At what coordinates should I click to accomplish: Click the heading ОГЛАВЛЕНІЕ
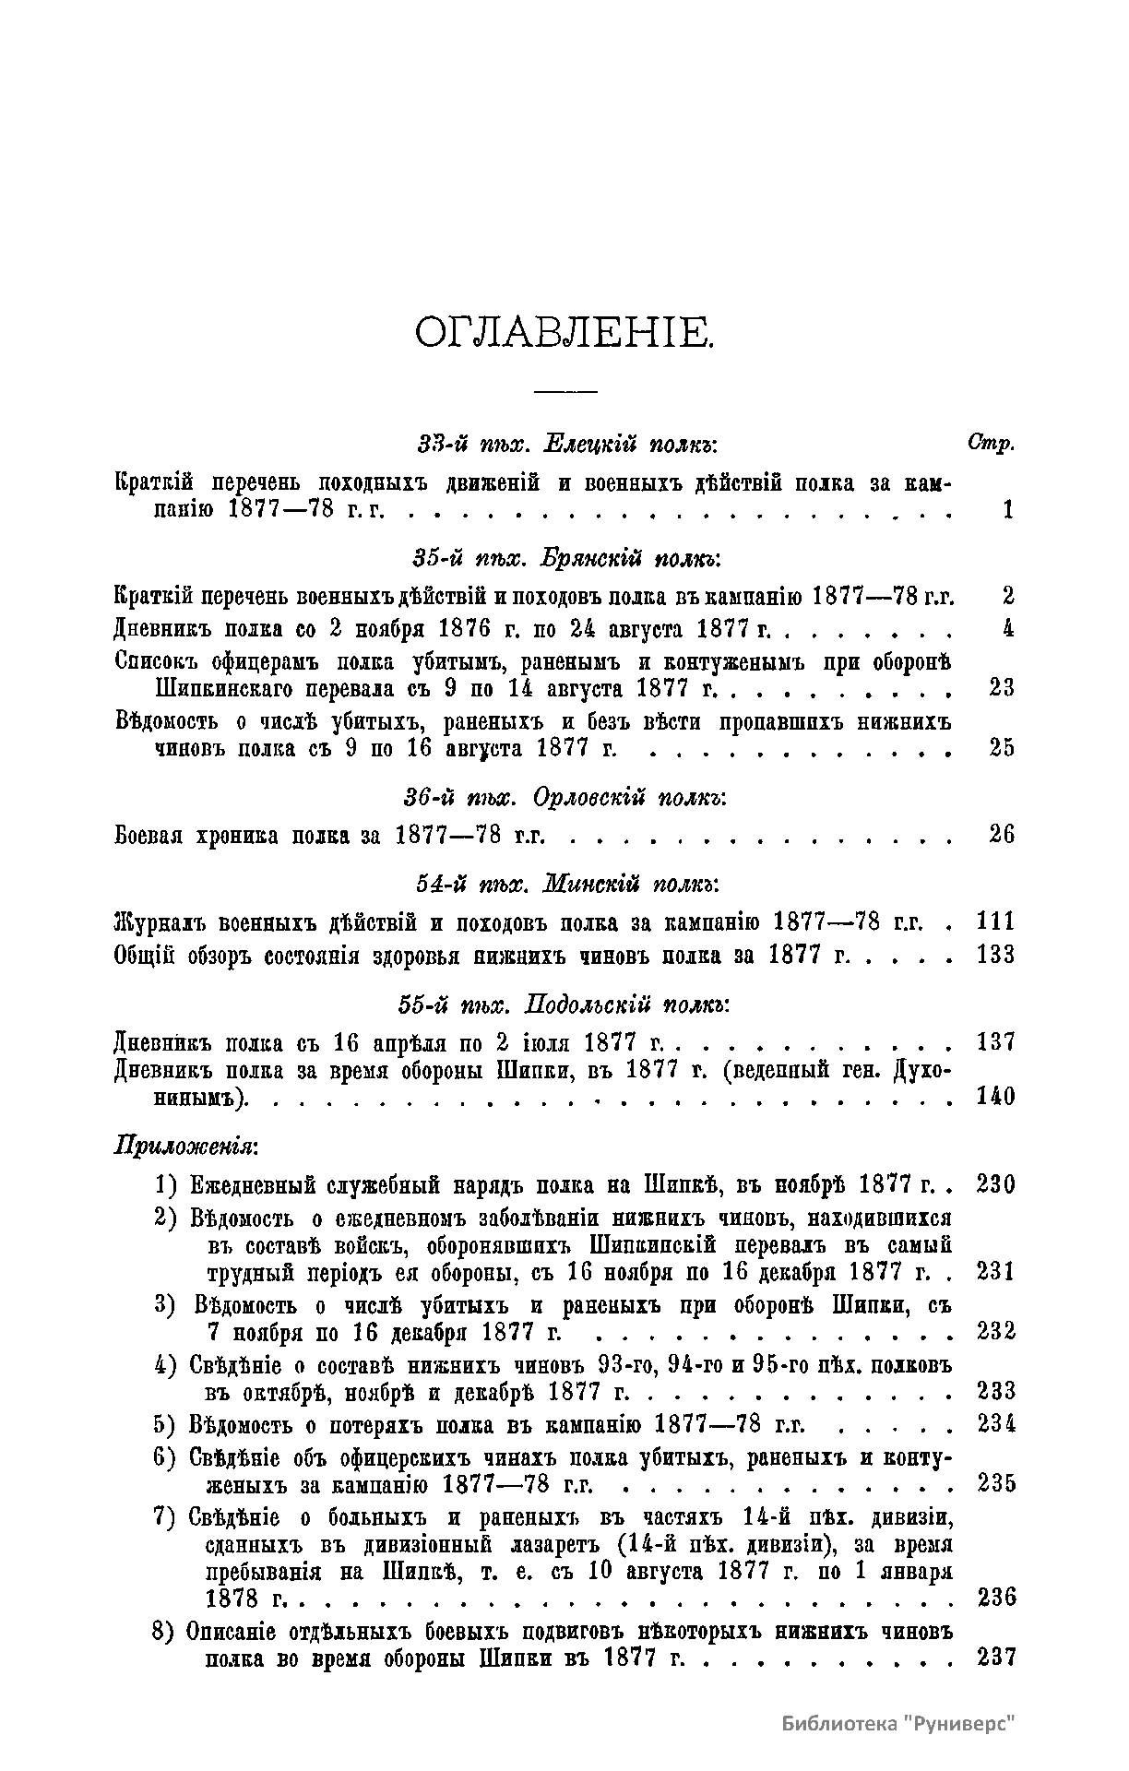[564, 332]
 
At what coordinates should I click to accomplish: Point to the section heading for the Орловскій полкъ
[565, 797]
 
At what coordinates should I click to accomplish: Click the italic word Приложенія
[185, 1147]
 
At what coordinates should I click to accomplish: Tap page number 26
[1002, 835]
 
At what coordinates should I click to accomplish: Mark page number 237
[995, 1657]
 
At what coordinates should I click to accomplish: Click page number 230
[995, 1183]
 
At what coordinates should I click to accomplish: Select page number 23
[1002, 687]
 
